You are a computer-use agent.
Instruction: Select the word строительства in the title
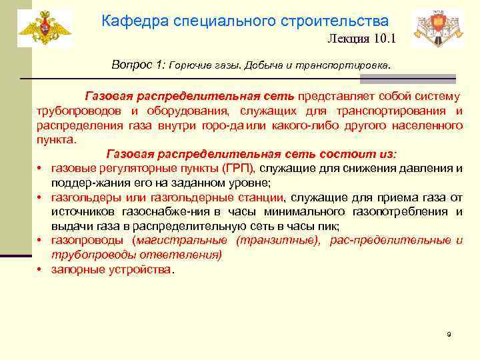343,21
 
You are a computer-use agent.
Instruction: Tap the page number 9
449,333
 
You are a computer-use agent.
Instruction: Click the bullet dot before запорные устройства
40,270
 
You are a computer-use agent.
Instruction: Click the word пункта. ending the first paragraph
57,141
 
